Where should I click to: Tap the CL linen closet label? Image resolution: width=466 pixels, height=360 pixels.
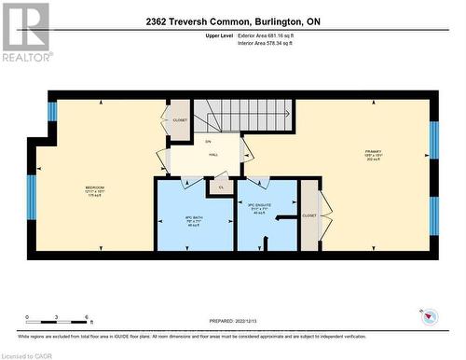(222, 187)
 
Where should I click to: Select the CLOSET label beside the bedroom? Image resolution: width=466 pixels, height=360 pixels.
(180, 119)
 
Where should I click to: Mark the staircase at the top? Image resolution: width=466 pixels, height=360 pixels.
(243, 116)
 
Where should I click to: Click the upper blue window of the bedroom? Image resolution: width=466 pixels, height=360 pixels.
(52, 112)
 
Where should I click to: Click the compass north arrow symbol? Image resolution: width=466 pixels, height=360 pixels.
(429, 315)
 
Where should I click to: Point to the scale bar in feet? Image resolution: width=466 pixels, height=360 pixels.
(58, 321)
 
